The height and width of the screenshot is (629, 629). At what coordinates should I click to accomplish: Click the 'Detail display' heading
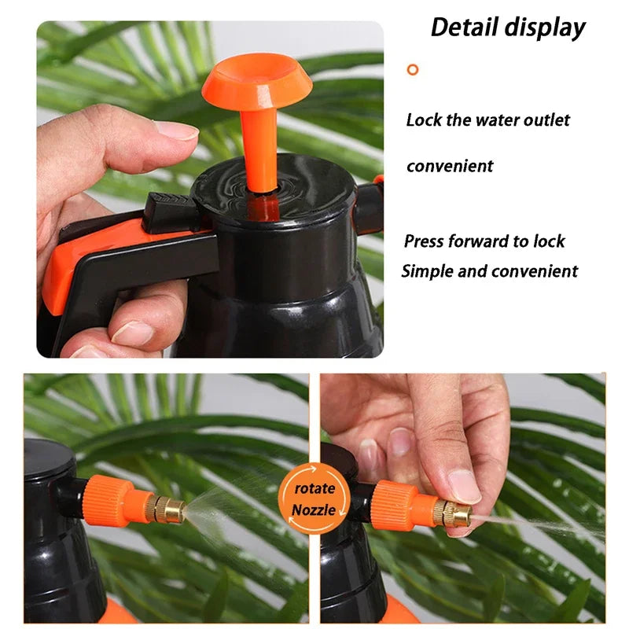pos(508,28)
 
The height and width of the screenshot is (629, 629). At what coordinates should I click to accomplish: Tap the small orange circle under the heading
pos(413,69)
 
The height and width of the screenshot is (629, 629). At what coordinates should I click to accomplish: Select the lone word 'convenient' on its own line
pos(450,166)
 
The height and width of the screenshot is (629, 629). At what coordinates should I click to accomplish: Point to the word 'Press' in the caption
pos(425,241)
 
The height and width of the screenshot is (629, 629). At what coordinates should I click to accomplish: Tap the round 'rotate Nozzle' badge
pos(314,499)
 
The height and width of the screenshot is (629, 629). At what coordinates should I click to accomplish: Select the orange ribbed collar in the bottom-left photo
pos(109,500)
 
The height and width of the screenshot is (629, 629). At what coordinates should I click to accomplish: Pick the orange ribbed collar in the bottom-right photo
pos(395,504)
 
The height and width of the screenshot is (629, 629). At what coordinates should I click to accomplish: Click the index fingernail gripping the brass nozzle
pos(463,486)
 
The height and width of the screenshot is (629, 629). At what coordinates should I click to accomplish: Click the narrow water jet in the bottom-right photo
pos(543,525)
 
